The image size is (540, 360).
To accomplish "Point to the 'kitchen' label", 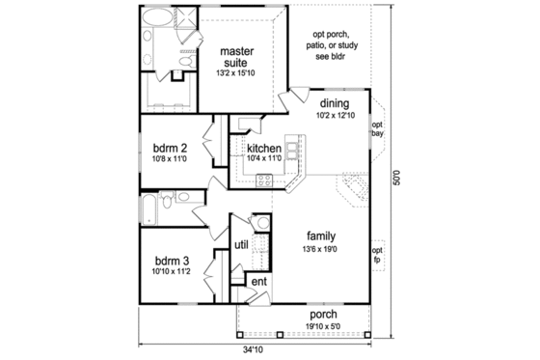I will [x=263, y=149].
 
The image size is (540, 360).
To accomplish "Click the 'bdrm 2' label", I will [x=170, y=149].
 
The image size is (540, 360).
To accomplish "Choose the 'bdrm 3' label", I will [x=170, y=261].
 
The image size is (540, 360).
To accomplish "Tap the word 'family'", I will [x=321, y=235].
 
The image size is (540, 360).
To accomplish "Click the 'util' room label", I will [x=241, y=246].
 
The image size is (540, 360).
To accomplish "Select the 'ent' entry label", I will [x=257, y=282].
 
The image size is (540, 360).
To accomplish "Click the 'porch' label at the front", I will [x=323, y=315].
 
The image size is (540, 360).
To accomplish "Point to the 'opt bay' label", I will [x=378, y=129].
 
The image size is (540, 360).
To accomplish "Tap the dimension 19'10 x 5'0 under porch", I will [x=323, y=326].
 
